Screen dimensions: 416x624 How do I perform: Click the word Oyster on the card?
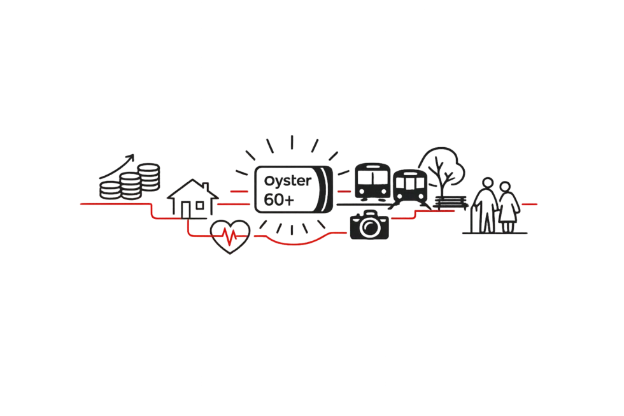tap(288, 182)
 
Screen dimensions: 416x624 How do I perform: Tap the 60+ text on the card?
tap(278, 201)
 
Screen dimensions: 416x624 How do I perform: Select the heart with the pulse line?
tap(231, 236)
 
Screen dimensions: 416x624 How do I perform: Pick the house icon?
tap(190, 197)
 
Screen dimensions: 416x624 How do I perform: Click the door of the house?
tap(187, 210)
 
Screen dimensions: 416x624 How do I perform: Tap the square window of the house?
tap(201, 205)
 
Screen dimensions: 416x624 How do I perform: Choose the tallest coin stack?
tap(150, 176)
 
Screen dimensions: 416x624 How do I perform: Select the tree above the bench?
tap(444, 164)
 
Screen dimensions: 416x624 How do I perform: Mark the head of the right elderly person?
tap(505, 186)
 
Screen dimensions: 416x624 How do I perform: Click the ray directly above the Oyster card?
tap(292, 142)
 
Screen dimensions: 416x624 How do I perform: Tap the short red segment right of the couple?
tap(530, 204)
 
